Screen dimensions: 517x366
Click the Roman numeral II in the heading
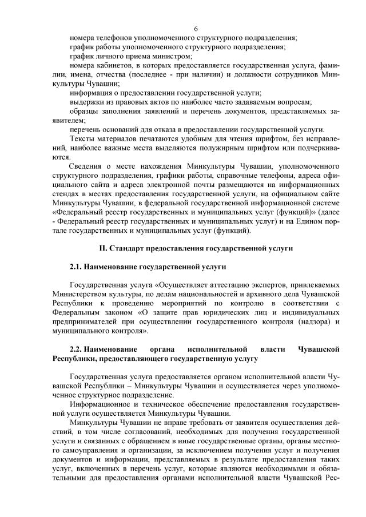tap(103, 249)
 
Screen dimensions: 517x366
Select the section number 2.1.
tap(75, 267)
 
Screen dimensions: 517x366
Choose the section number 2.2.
tap(77, 348)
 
